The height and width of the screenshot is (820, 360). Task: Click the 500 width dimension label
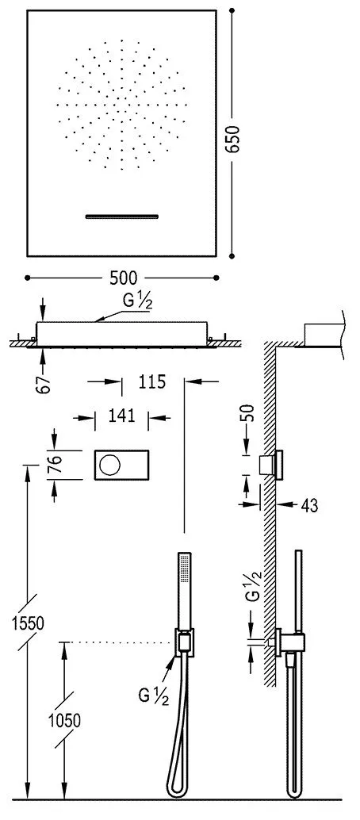123,278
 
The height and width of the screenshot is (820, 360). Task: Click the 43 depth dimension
309,505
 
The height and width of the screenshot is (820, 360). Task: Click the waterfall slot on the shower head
123,216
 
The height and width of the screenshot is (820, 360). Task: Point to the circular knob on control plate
107,465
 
